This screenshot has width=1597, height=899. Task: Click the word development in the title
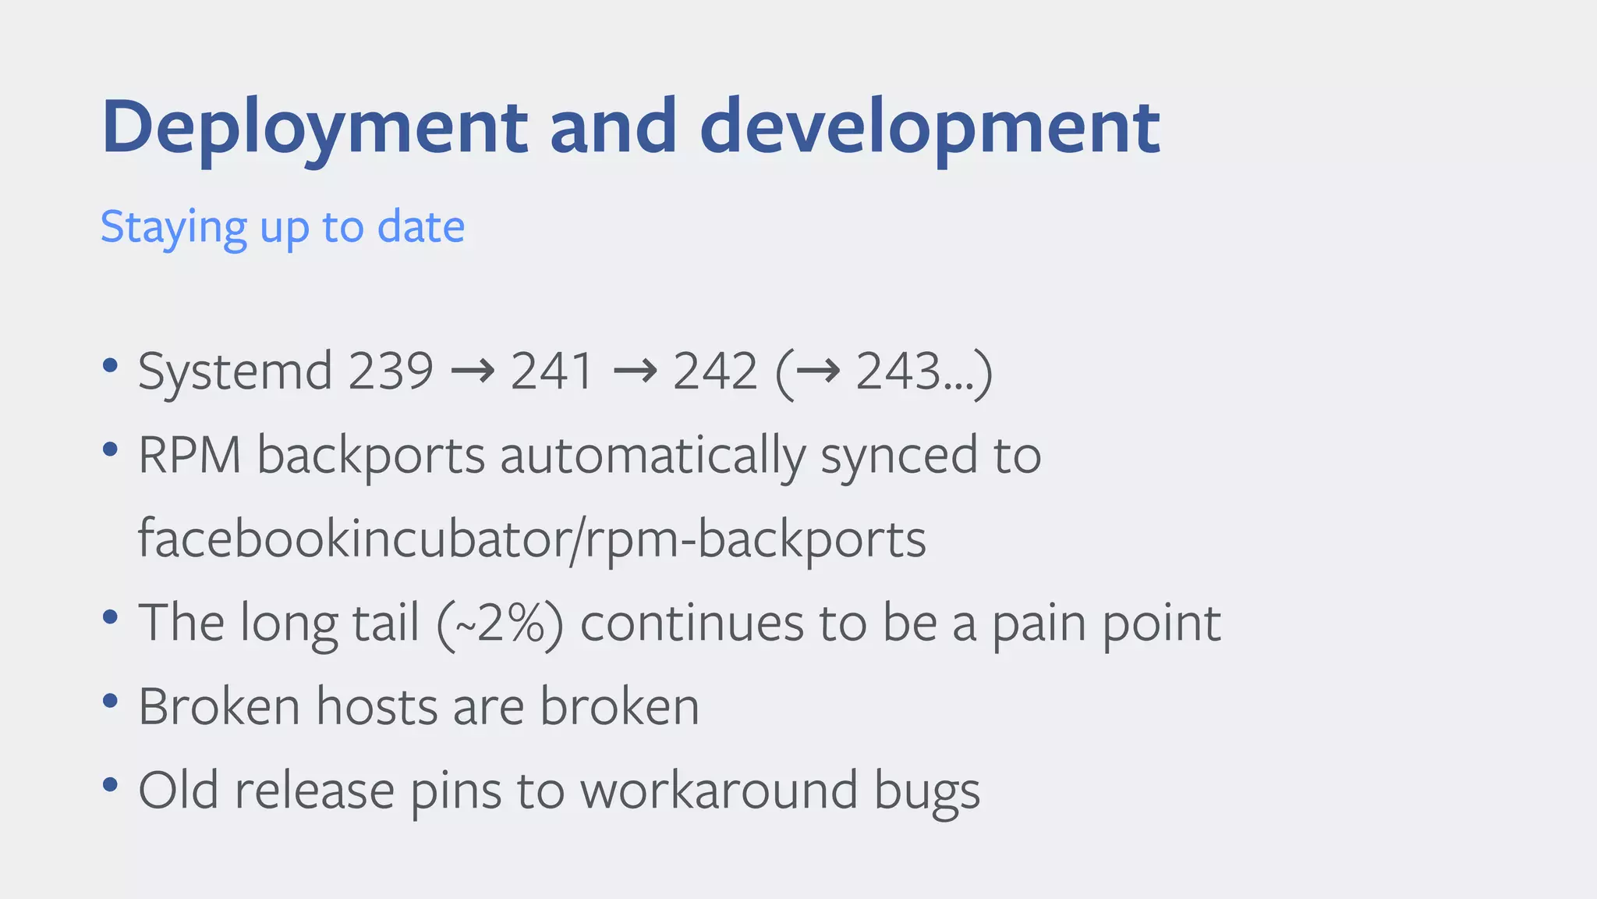coord(930,127)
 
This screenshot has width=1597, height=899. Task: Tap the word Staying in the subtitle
coord(173,228)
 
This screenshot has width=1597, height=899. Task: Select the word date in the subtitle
coord(421,227)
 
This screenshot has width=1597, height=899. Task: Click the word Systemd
coord(235,371)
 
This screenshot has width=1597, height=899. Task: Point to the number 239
coord(390,371)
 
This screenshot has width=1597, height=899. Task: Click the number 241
coord(552,371)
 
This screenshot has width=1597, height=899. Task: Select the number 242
coord(715,371)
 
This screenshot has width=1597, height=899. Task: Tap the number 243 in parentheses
coord(898,371)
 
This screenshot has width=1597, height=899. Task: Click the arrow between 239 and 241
coord(473,371)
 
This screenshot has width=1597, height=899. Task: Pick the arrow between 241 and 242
coord(635,371)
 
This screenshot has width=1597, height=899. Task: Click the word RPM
coord(189,455)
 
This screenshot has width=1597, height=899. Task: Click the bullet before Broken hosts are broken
coord(110,700)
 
